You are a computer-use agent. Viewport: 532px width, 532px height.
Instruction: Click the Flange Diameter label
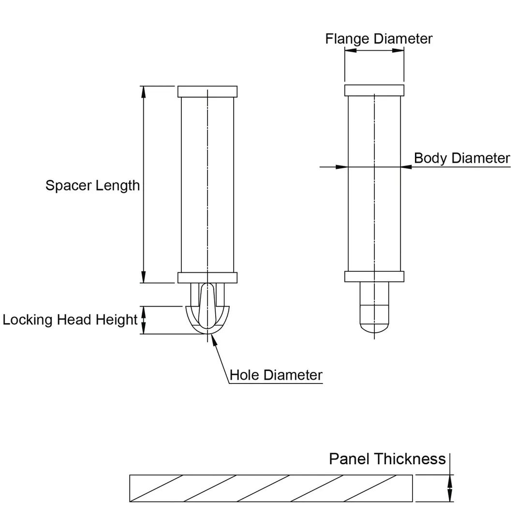pyautogui.click(x=379, y=39)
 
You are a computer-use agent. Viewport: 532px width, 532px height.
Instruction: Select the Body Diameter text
pyautogui.click(x=462, y=158)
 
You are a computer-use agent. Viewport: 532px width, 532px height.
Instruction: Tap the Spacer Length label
pyautogui.click(x=92, y=185)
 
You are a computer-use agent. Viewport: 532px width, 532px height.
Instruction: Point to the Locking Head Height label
pyautogui.click(x=70, y=320)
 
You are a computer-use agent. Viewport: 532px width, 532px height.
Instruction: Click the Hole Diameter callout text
pyautogui.click(x=276, y=375)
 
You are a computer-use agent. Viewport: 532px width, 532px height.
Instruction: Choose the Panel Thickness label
pyautogui.click(x=387, y=459)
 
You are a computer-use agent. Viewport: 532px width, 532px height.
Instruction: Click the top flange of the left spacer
pyautogui.click(x=207, y=91)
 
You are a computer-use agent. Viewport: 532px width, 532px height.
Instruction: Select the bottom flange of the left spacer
pyautogui.click(x=207, y=278)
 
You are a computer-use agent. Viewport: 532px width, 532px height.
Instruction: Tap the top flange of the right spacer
pyautogui.click(x=374, y=90)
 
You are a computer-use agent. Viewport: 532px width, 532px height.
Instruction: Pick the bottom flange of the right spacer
pyautogui.click(x=374, y=276)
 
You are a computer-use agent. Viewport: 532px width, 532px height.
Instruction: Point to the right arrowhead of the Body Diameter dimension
pyautogui.click(x=406, y=167)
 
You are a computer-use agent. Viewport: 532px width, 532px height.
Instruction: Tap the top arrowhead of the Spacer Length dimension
pyautogui.click(x=143, y=92)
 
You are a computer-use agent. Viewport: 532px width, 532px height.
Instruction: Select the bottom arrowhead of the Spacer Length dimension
pyautogui.click(x=143, y=277)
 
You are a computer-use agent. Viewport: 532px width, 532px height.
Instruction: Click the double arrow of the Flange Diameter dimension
pyautogui.click(x=374, y=51)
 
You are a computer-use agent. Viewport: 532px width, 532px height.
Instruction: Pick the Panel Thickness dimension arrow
pyautogui.click(x=450, y=488)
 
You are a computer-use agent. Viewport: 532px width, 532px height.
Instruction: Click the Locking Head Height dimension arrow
pyautogui.click(x=143, y=320)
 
